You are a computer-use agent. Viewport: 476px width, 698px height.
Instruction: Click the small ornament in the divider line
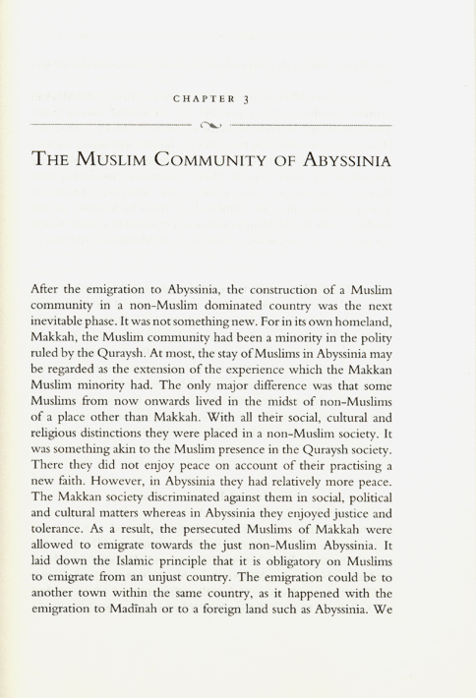(211, 126)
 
